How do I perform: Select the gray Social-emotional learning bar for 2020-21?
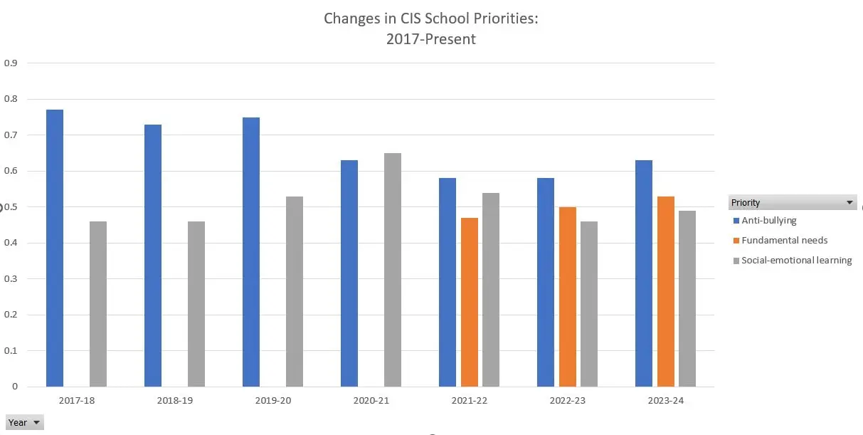coord(393,270)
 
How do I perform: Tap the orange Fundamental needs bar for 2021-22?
coord(470,302)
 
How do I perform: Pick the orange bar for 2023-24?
coord(666,291)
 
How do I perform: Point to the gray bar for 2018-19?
coord(196,304)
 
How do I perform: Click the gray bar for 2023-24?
coord(687,298)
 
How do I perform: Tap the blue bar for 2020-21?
coord(349,273)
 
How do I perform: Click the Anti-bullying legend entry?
coord(768,221)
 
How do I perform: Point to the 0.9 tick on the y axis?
coord(11,63)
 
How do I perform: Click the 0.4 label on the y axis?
coord(11,243)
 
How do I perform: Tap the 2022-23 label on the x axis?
coord(568,401)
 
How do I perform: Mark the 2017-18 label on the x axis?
coord(77,401)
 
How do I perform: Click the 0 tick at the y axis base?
coord(14,387)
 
